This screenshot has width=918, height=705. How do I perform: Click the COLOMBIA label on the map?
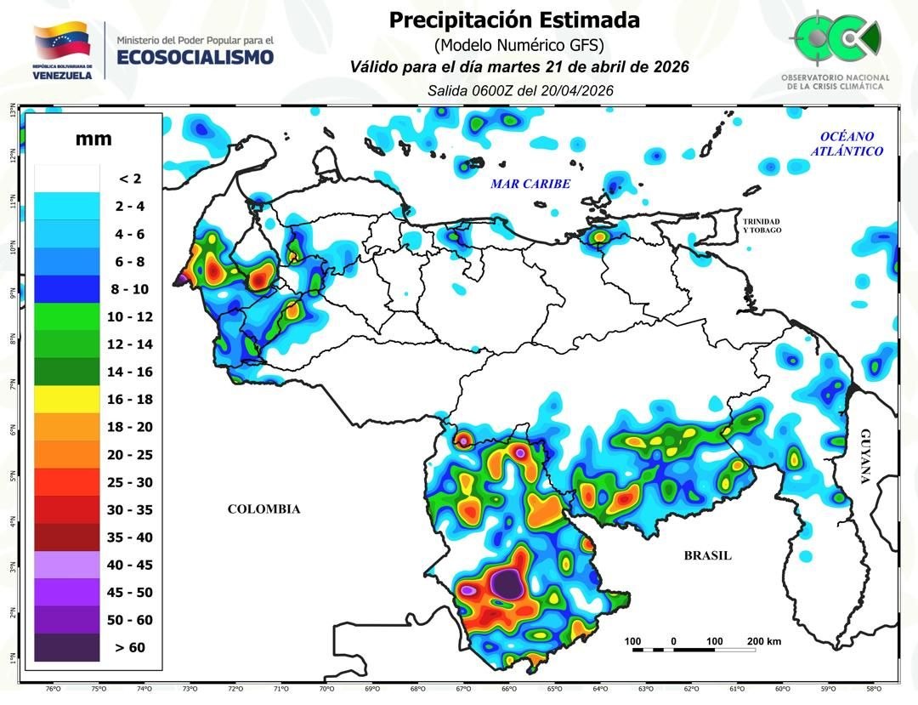click(263, 509)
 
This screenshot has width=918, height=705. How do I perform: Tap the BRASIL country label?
click(707, 555)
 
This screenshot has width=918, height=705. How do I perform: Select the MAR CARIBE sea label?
click(530, 184)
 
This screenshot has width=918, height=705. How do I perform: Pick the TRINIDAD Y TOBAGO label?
click(761, 225)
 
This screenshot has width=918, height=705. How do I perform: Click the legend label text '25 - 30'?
click(130, 482)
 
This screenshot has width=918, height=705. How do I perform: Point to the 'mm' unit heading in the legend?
click(93, 139)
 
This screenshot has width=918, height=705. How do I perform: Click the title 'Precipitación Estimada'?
click(514, 20)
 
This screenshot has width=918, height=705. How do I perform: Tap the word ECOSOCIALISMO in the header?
click(195, 57)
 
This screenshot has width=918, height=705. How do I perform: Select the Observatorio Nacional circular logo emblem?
click(836, 38)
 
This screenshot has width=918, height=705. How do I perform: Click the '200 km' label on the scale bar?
click(763, 641)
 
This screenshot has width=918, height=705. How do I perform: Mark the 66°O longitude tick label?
click(508, 690)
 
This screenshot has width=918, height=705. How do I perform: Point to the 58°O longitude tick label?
click(873, 690)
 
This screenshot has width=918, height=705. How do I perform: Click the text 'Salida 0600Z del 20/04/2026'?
click(520, 90)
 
